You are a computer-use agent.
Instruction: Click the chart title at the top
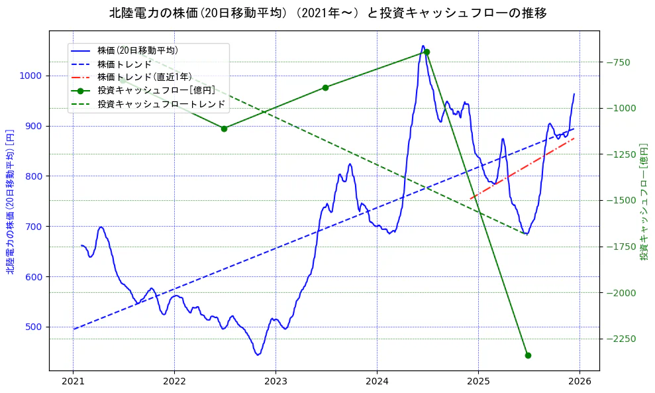(328, 13)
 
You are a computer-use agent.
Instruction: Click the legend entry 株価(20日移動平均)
(137, 50)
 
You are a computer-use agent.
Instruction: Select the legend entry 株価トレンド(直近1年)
(144, 77)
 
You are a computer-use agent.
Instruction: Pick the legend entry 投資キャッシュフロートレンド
(161, 104)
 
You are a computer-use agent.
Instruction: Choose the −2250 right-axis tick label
(620, 339)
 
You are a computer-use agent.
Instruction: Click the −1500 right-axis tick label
(620, 200)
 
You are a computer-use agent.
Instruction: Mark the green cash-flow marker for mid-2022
(224, 129)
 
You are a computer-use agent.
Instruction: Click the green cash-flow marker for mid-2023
(325, 87)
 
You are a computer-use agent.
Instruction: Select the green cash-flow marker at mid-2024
(427, 52)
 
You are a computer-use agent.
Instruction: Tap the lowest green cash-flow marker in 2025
(528, 355)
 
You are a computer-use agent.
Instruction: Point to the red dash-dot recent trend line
(523, 168)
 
